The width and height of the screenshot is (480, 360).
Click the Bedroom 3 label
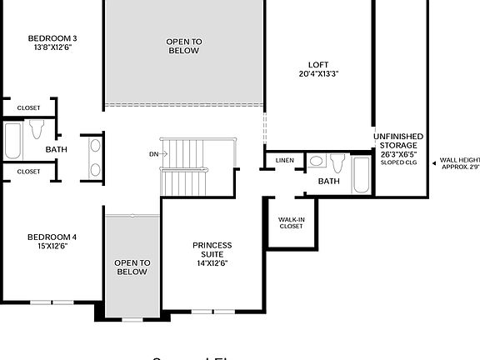pyautogui.click(x=52, y=37)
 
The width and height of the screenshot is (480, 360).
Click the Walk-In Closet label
pyautogui.click(x=291, y=222)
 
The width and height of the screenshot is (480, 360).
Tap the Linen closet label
pyautogui.click(x=284, y=160)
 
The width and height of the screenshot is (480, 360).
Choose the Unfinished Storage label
pyautogui.click(x=397, y=145)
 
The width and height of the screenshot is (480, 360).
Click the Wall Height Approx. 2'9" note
pyautogui.click(x=459, y=163)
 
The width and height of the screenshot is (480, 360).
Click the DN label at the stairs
pyautogui.click(x=153, y=154)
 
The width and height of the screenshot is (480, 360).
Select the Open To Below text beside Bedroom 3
pyautogui.click(x=183, y=46)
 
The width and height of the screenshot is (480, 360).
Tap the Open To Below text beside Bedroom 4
pyautogui.click(x=132, y=267)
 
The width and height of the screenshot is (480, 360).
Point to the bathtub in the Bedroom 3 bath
pyautogui.click(x=13, y=141)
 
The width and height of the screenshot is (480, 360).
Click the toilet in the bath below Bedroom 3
pyautogui.click(x=36, y=129)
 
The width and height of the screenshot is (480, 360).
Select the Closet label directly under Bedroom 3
pyautogui.click(x=28, y=107)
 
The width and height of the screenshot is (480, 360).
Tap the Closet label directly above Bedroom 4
pyautogui.click(x=28, y=171)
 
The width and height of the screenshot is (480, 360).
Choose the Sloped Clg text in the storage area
pyautogui.click(x=398, y=162)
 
